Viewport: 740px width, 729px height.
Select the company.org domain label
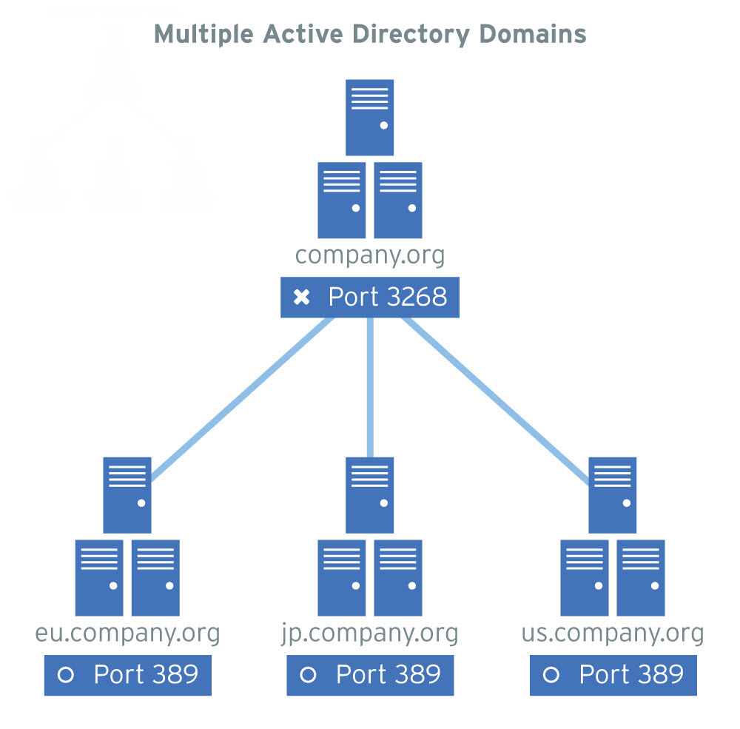click(x=370, y=255)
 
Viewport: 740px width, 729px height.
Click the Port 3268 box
click(x=370, y=298)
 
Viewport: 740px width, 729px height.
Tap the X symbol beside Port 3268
click(x=301, y=298)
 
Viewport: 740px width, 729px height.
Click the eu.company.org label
click(x=127, y=634)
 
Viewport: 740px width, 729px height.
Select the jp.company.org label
click(x=370, y=634)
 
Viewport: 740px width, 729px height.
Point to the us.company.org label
click(x=613, y=634)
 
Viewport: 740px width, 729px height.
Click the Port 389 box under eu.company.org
click(x=127, y=674)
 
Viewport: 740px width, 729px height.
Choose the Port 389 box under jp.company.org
click(x=370, y=674)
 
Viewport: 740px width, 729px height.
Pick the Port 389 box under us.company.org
click(x=613, y=674)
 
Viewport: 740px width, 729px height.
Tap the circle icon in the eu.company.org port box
click(x=66, y=675)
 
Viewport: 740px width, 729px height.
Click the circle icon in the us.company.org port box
click(x=551, y=675)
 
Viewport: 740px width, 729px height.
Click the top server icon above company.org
click(x=370, y=117)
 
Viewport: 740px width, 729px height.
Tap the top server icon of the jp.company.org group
click(x=370, y=494)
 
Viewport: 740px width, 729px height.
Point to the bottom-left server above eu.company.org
click(x=99, y=578)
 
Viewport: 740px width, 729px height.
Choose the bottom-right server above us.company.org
click(x=641, y=578)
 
